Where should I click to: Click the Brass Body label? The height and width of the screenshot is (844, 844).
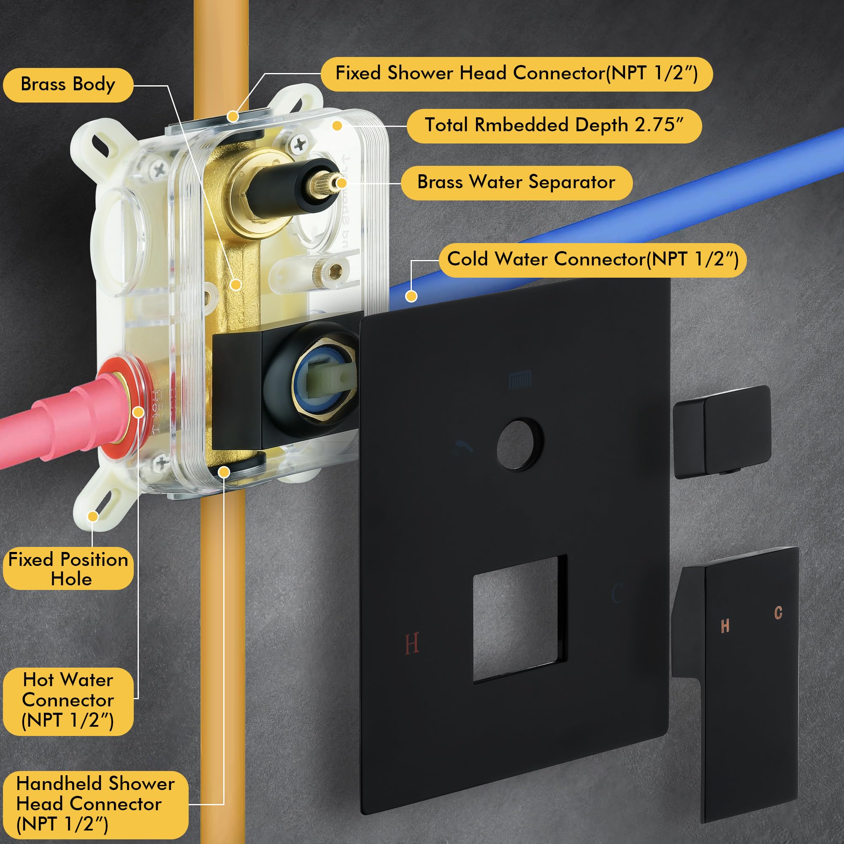pos(68,85)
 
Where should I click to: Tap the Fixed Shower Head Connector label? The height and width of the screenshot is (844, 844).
pos(517,74)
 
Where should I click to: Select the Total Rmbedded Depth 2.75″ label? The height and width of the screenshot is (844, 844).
pos(554,126)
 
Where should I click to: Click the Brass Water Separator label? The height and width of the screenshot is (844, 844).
pos(517,183)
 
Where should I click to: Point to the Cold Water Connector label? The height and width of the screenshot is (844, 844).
pos(592,260)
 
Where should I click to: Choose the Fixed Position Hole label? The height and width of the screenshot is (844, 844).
pos(68,568)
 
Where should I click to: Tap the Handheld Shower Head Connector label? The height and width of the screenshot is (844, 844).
pos(96,804)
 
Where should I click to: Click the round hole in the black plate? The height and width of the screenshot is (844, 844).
pos(519,444)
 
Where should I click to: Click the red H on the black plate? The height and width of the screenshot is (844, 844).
pos(411,643)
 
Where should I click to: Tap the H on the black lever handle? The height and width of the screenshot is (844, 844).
pos(725,626)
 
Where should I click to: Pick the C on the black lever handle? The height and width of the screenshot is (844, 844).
pos(778,612)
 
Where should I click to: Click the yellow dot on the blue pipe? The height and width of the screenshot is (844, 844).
pos(411,296)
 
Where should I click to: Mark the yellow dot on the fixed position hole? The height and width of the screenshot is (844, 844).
pos(92,517)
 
